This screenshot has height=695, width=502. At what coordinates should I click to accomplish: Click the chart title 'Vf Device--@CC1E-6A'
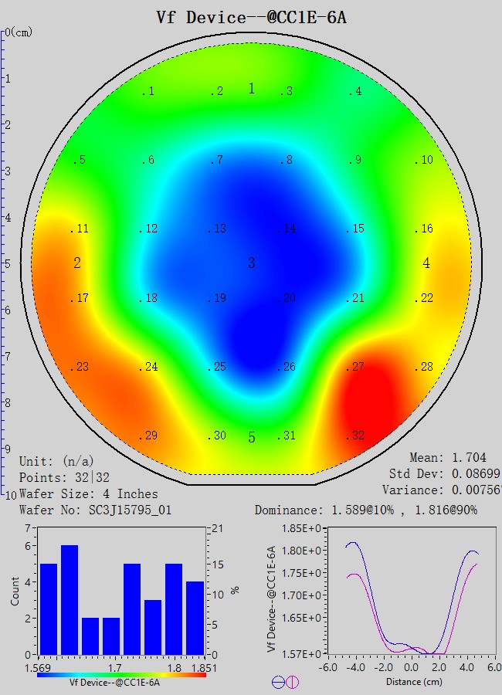pos(251,17)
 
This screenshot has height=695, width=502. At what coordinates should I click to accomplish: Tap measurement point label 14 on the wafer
pos(289,229)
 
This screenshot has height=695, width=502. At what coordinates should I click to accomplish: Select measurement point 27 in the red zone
pos(356,367)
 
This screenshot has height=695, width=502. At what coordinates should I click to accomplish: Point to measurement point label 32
pos(356,436)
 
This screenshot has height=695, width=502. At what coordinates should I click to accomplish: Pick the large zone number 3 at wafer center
pos(251,263)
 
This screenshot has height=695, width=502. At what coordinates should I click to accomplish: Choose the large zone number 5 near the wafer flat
pos(251,438)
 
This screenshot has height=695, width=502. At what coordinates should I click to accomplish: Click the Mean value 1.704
pos(470,458)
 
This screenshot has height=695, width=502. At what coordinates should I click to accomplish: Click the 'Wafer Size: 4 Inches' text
pos(88,493)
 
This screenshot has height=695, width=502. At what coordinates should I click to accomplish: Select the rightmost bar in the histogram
pos(195,617)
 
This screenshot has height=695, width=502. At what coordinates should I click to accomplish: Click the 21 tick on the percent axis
pos(217,528)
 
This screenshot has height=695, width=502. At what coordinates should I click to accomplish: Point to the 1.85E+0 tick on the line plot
pos(304,528)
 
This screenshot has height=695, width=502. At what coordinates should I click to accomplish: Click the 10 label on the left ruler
pos(11,494)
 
